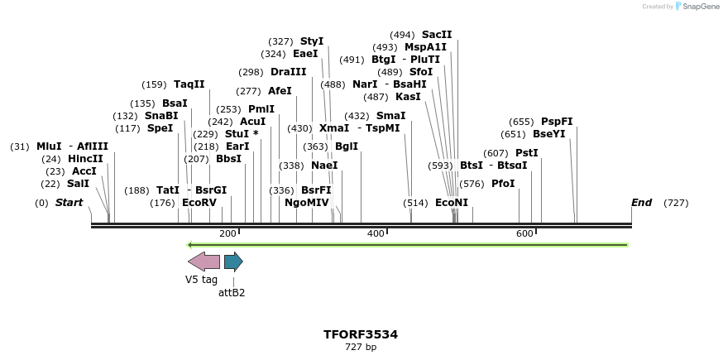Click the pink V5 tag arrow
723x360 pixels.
[203, 262]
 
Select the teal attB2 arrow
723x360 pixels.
[233, 262]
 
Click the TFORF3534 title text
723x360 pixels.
[361, 334]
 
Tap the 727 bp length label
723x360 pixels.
[361, 347]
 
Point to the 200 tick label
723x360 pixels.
[227, 234]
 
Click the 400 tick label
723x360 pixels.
[376, 234]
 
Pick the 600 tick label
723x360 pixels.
[524, 234]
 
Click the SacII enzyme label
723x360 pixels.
[437, 35]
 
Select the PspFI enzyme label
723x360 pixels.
[557, 122]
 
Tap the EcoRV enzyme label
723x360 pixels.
[199, 203]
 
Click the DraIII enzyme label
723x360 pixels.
[289, 72]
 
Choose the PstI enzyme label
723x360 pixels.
[527, 153]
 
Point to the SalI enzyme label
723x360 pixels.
[78, 184]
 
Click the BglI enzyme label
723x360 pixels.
[347, 146]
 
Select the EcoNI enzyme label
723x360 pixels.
[452, 203]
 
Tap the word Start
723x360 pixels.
[69, 203]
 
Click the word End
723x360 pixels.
[641, 203]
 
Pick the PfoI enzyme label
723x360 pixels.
[503, 184]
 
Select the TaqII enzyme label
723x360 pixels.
[189, 84]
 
